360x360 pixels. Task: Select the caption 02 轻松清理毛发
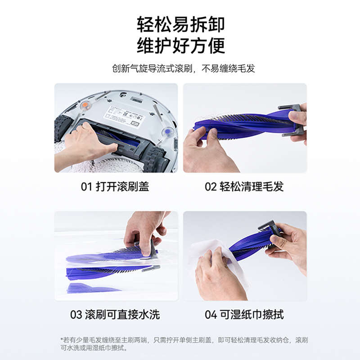click(x=244, y=187)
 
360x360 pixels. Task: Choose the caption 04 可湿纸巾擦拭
click(x=244, y=315)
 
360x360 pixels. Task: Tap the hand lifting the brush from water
click(x=144, y=229)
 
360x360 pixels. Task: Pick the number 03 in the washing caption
click(x=76, y=315)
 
